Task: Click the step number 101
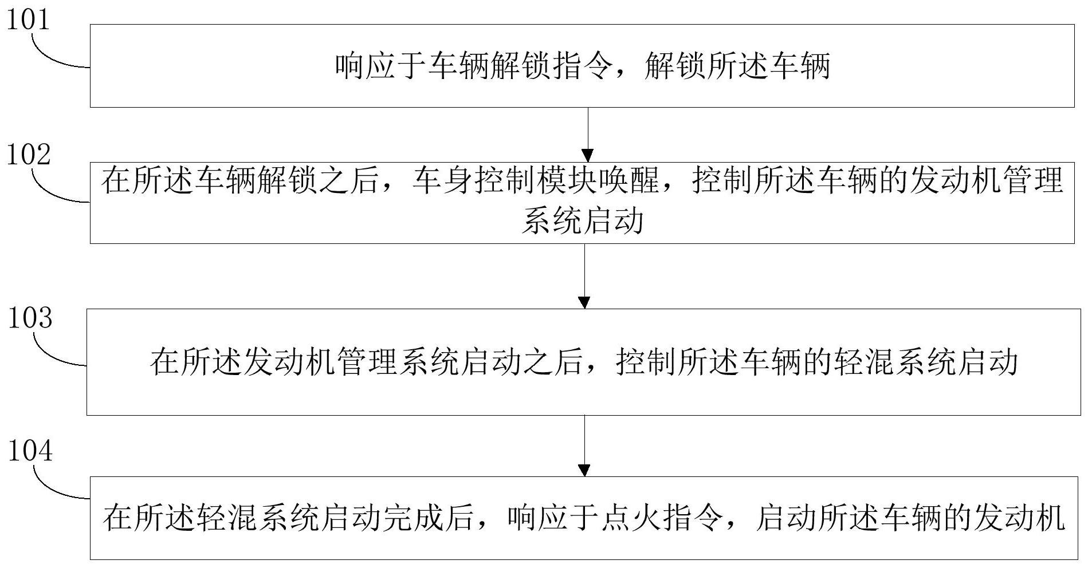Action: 28,20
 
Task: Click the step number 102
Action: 29,155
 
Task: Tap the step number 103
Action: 30,318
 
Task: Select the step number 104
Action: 30,451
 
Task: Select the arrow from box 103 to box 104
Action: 584,445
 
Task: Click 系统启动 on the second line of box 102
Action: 582,221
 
